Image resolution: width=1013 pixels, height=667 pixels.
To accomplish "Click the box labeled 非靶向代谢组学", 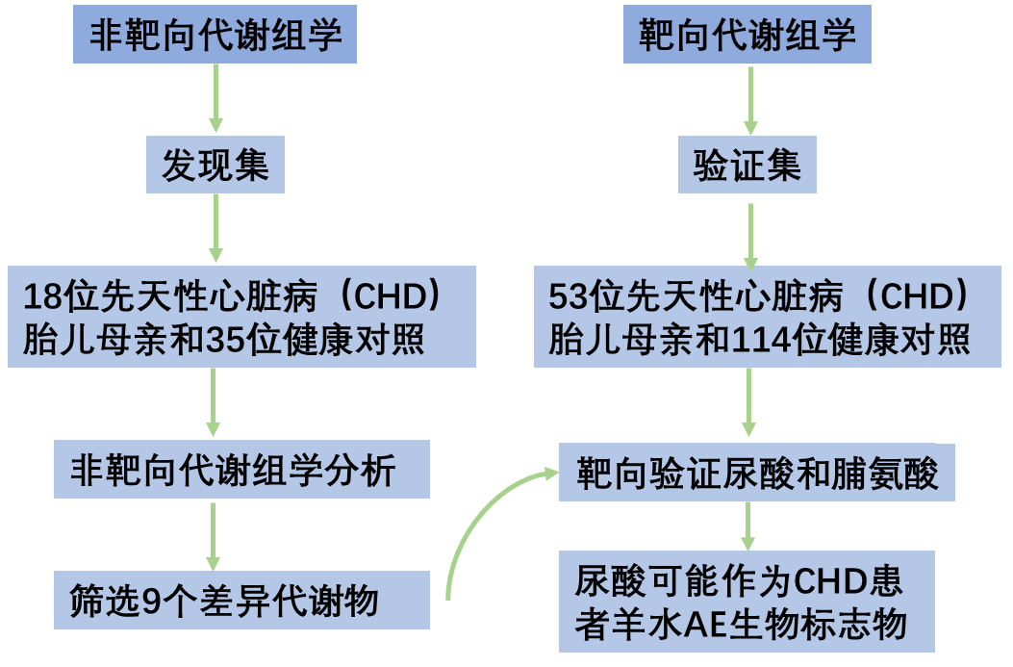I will tap(215, 37).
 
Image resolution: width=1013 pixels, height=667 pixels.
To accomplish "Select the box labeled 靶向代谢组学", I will tap(747, 37).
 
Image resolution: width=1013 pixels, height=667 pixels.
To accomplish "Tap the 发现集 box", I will tap(215, 167).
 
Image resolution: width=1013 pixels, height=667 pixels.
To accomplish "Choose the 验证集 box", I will tap(747, 167).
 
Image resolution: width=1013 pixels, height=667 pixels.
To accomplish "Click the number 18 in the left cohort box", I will tap(41, 295).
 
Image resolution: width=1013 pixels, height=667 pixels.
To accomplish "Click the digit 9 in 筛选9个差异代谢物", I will tap(151, 602).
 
